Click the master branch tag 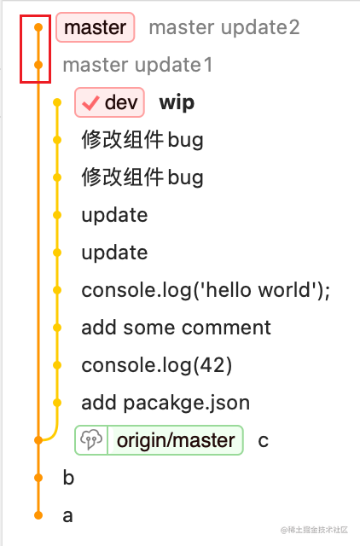pos(95,27)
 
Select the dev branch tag pos(109,102)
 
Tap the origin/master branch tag pos(159,440)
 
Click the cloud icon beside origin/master pos(91,440)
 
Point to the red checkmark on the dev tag pos(90,103)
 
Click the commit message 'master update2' pos(224,27)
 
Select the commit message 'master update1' pos(137,65)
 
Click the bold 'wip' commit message pos(177,103)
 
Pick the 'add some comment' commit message pos(177,328)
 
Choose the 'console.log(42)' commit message pos(157,366)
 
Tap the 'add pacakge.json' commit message pos(165,404)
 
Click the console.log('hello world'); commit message pos(206,290)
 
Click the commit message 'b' pos(68,478)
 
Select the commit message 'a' pos(68,516)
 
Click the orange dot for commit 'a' pos(38,515)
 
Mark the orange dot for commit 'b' pos(38,478)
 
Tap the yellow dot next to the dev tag pos(57,102)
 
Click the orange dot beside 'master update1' pos(38,65)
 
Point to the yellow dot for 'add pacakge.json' pos(57,403)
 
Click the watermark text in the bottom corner pos(315,530)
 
